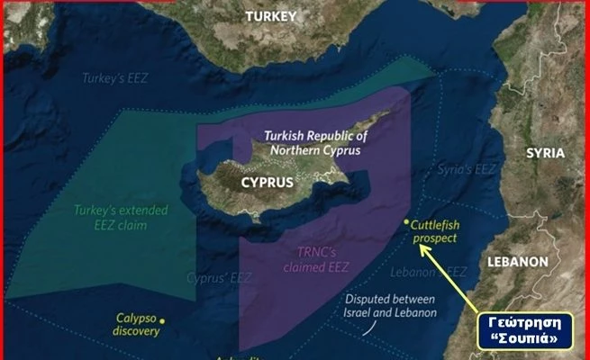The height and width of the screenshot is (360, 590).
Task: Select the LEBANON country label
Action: (517, 261)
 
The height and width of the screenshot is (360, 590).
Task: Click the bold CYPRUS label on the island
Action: (268, 182)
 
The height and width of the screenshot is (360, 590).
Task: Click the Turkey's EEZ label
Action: (113, 78)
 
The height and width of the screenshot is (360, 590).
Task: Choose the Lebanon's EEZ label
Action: (429, 272)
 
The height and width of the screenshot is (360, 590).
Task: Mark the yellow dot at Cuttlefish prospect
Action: (407, 222)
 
